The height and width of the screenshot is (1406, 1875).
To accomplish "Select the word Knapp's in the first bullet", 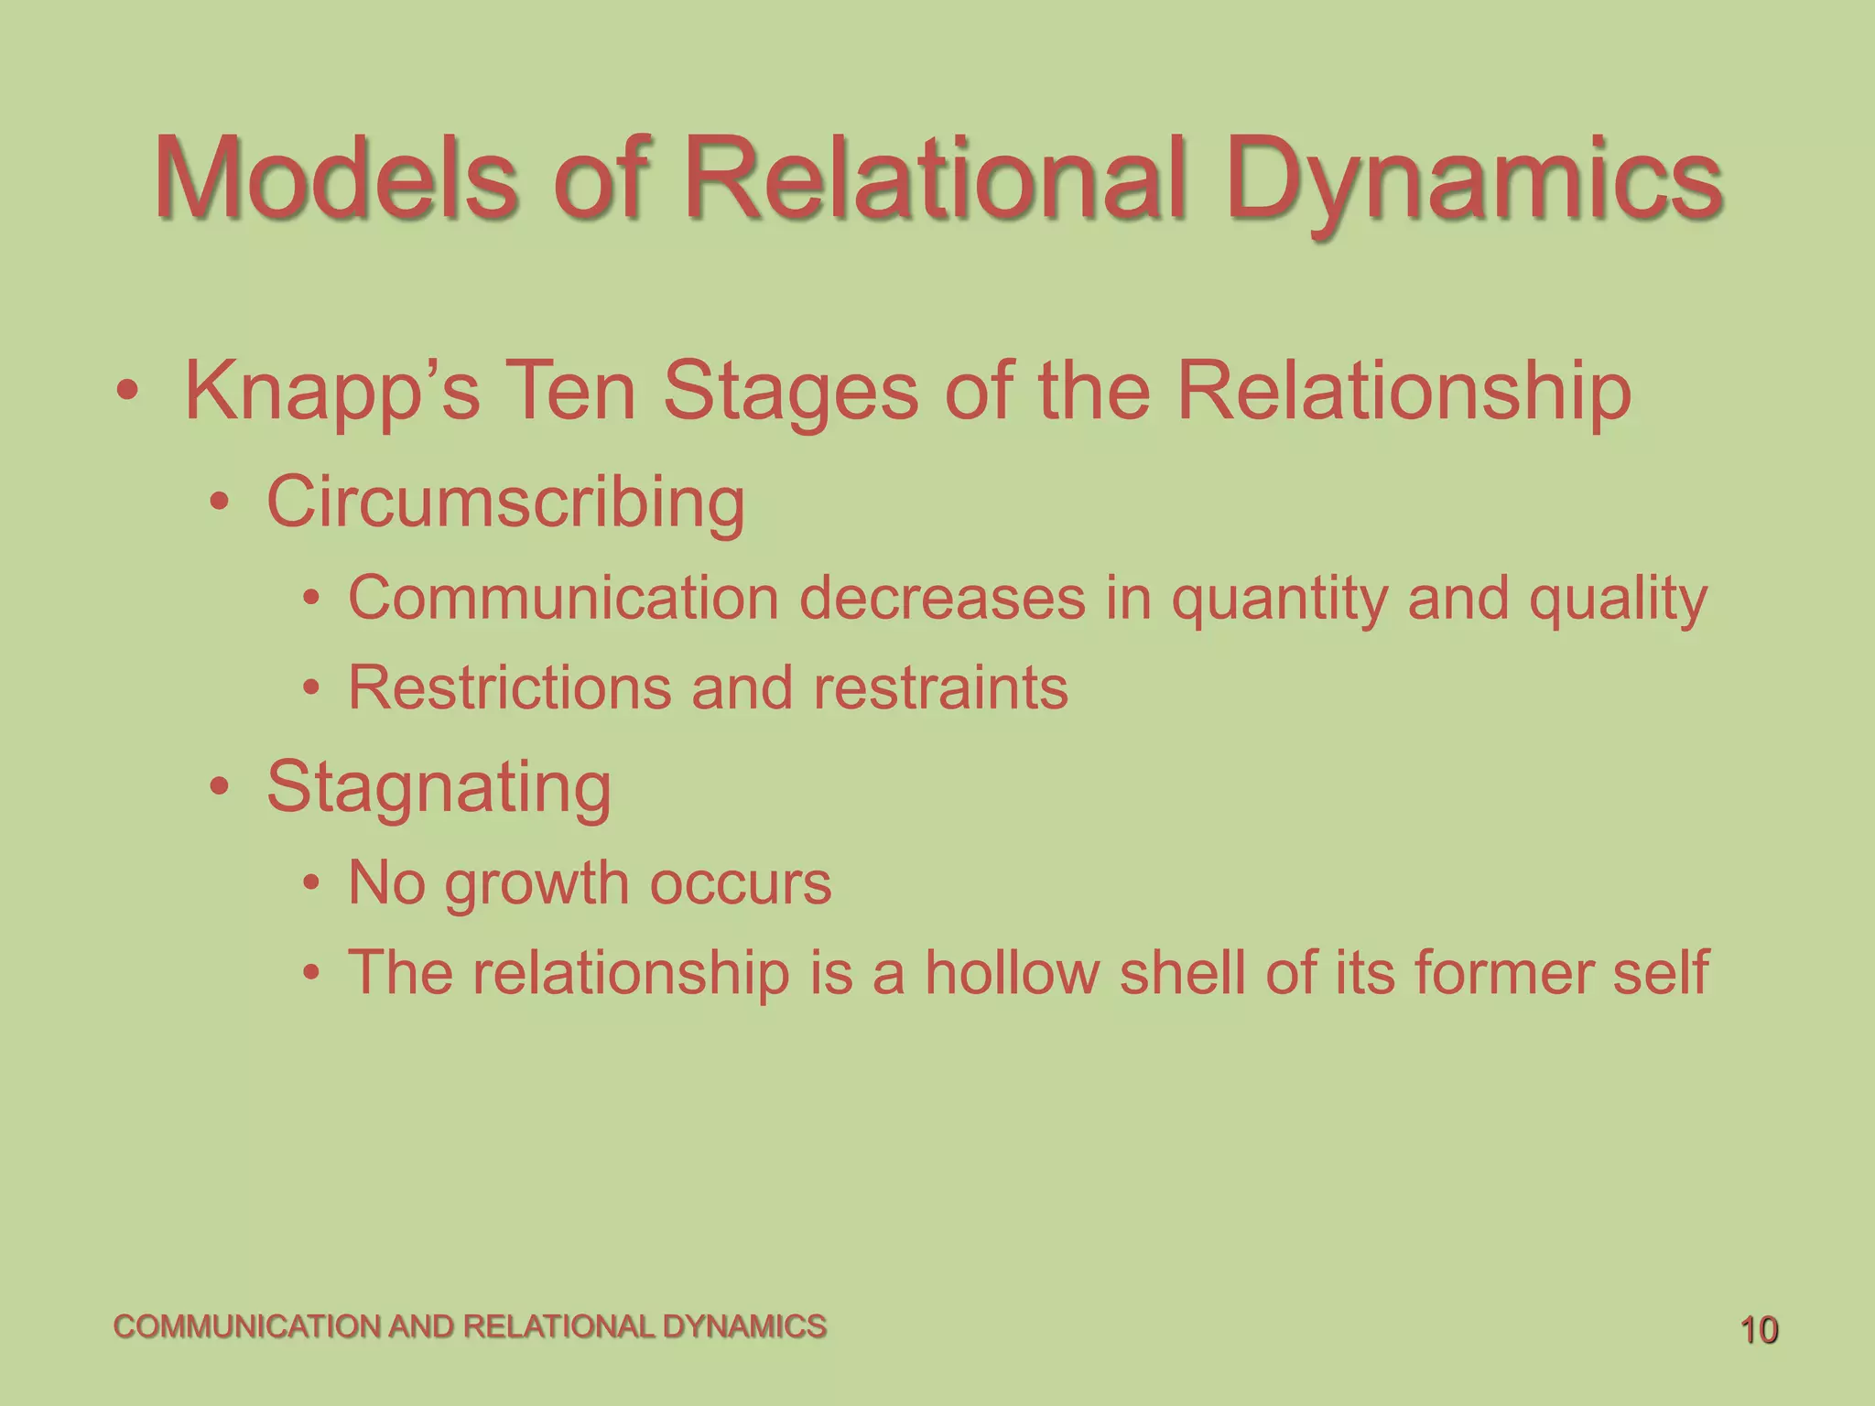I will (x=332, y=392).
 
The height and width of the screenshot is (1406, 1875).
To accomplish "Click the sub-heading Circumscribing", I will (x=505, y=503).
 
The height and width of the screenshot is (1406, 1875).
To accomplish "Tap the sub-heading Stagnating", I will (x=439, y=788).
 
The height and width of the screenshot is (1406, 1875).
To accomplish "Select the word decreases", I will (x=942, y=599).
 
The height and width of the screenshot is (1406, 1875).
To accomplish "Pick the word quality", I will (x=1618, y=600).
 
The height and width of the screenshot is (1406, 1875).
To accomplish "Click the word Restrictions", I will (x=510, y=687).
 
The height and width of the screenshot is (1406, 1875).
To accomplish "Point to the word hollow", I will (x=1012, y=971).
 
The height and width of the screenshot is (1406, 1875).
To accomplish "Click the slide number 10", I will (x=1758, y=1330).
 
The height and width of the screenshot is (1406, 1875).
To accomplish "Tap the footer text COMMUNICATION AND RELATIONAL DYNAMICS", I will (x=470, y=1326).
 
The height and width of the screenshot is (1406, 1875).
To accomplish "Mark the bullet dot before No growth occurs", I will (x=312, y=883).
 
